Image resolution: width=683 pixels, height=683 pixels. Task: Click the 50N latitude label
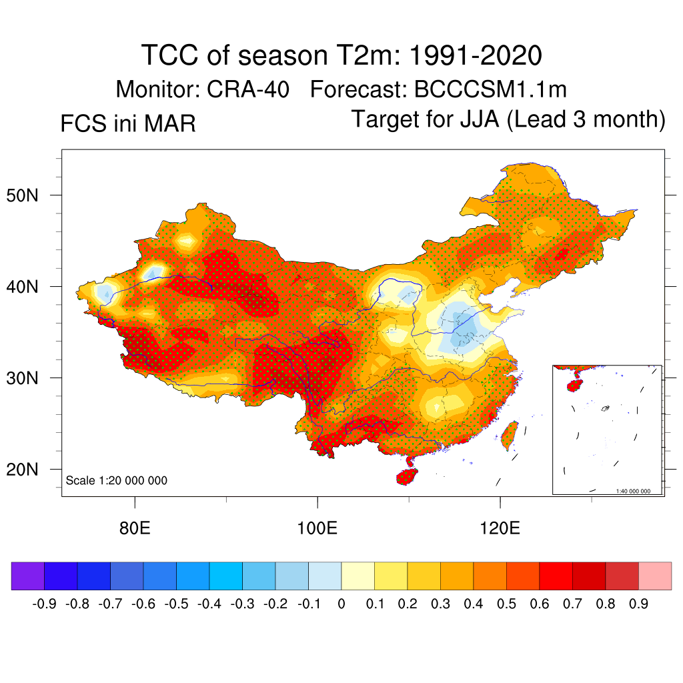[x=29, y=195]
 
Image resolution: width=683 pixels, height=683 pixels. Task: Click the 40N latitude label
[x=29, y=287]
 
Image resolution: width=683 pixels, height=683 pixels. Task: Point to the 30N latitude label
[x=29, y=378]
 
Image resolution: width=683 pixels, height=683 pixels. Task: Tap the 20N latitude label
[x=29, y=470]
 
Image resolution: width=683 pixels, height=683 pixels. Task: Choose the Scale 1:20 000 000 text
[x=117, y=481]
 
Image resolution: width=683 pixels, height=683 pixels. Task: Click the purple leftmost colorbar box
[x=28, y=576]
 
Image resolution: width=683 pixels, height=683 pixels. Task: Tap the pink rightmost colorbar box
[x=655, y=576]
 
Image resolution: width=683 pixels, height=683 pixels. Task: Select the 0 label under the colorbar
[x=341, y=604]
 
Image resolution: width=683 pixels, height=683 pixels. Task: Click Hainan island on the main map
[x=407, y=477]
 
